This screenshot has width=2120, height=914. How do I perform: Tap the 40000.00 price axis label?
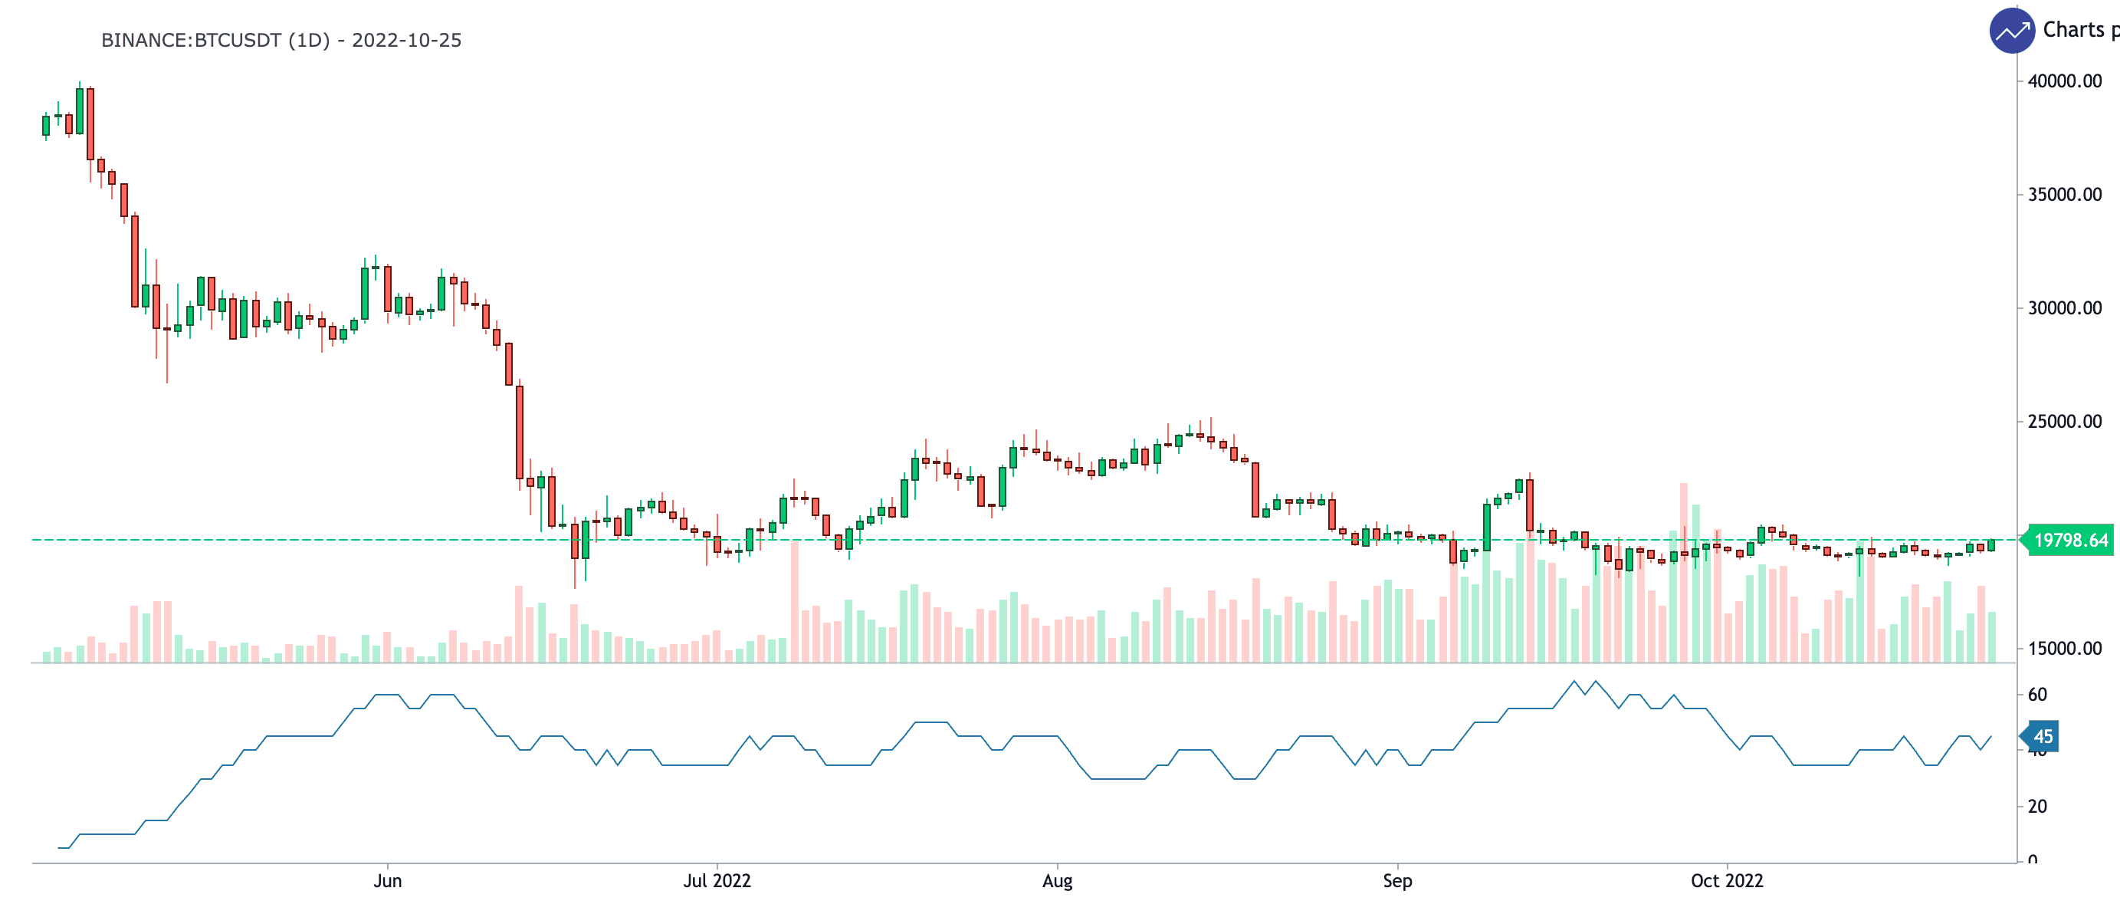[x=2064, y=81]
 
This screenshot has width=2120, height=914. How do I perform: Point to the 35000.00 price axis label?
[x=2064, y=194]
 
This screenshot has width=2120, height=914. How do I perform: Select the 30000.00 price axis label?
[x=2064, y=308]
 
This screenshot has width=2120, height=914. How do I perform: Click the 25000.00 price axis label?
[x=2064, y=422]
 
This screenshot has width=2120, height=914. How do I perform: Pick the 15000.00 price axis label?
[x=2064, y=649]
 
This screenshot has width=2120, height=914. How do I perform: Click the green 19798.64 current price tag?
[x=2070, y=540]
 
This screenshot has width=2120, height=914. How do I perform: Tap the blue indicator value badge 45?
[x=2043, y=736]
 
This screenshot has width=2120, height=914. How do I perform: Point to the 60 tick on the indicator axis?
[x=2037, y=694]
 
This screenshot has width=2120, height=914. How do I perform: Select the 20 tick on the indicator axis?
[x=2037, y=806]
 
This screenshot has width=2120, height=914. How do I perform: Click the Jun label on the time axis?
[x=388, y=881]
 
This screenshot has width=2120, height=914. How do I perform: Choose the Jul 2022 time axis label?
[x=717, y=881]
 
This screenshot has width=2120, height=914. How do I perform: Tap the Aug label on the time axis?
[x=1057, y=881]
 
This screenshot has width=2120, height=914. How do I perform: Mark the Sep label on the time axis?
[x=1396, y=881]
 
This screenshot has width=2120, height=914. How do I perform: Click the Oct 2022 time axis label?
[x=1727, y=881]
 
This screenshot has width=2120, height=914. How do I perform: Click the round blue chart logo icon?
[x=2011, y=31]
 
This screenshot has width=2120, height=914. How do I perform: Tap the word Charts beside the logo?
[x=2073, y=31]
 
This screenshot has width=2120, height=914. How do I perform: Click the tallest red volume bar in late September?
[x=1684, y=577]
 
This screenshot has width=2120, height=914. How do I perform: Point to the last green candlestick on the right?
[x=1991, y=545]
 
